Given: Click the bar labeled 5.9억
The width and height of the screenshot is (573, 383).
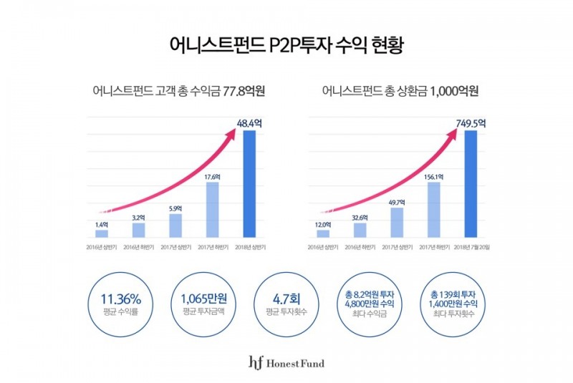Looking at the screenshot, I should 176,226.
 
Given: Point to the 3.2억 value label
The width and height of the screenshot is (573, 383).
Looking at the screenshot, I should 139,218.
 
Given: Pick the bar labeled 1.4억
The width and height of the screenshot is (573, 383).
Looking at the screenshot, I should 102,233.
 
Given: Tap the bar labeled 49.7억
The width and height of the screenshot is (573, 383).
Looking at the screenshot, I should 397,223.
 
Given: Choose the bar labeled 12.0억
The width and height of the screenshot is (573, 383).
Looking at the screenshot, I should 323,233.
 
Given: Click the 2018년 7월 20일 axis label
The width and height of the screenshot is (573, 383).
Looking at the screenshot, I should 471,247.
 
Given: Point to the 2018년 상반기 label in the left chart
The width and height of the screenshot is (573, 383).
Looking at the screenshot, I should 249,247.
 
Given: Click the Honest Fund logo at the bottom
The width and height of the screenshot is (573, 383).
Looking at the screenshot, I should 286,363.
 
